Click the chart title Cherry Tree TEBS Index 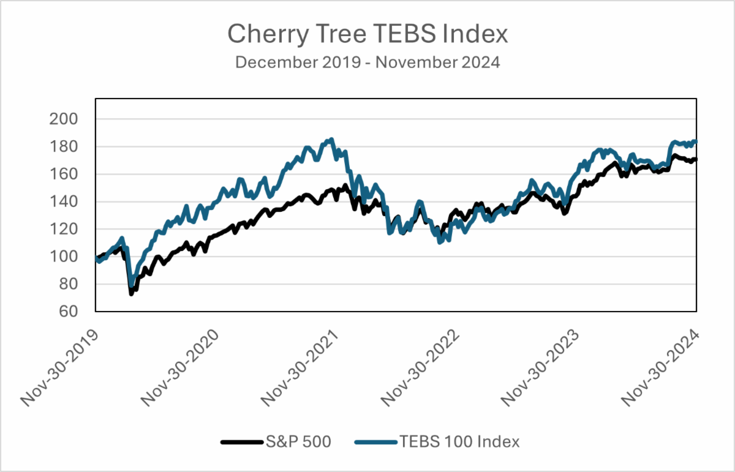click(x=367, y=34)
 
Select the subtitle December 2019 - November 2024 click(x=367, y=62)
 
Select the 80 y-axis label click(x=64, y=285)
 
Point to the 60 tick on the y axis click(x=64, y=312)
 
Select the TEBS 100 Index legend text click(x=459, y=441)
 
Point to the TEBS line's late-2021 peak click(x=331, y=140)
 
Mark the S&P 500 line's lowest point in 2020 click(x=131, y=294)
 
